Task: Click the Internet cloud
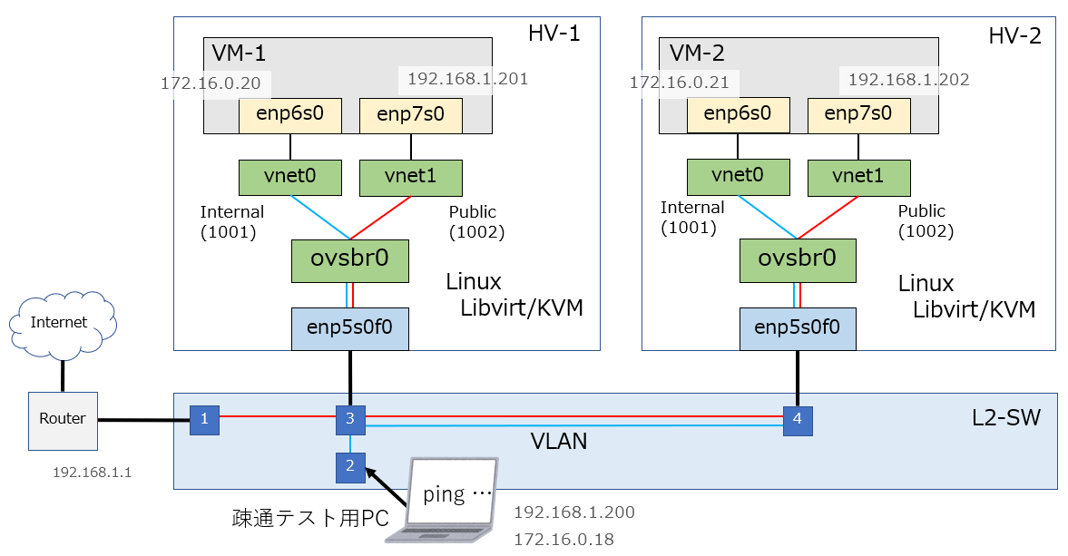click(59, 322)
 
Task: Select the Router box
click(63, 419)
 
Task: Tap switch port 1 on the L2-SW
click(204, 419)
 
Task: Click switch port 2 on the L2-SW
click(350, 467)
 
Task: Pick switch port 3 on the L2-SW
click(350, 419)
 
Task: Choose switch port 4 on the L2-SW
click(798, 420)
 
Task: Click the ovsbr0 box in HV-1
click(349, 259)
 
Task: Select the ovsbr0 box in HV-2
click(798, 259)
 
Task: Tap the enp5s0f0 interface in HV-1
click(349, 328)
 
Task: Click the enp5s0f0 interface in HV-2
click(798, 328)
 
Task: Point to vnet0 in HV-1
click(290, 177)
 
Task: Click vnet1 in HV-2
click(858, 177)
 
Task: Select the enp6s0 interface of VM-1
click(290, 115)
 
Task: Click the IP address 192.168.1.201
click(467, 79)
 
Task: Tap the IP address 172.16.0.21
click(680, 83)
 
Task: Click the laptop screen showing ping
click(454, 494)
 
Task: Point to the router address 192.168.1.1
click(92, 473)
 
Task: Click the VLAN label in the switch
click(559, 443)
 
